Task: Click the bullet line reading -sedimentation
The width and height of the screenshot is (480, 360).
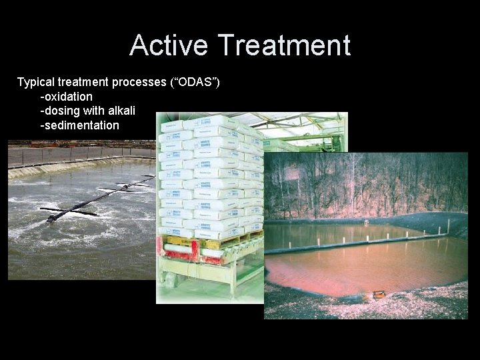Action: point(80,125)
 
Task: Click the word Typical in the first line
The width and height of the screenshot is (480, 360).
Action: point(38,83)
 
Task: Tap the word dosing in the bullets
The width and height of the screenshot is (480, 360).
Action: point(62,111)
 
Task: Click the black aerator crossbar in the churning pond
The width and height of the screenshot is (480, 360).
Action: point(100,197)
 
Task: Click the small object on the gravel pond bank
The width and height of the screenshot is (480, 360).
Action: point(379,293)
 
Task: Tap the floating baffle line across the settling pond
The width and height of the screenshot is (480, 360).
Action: point(360,241)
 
